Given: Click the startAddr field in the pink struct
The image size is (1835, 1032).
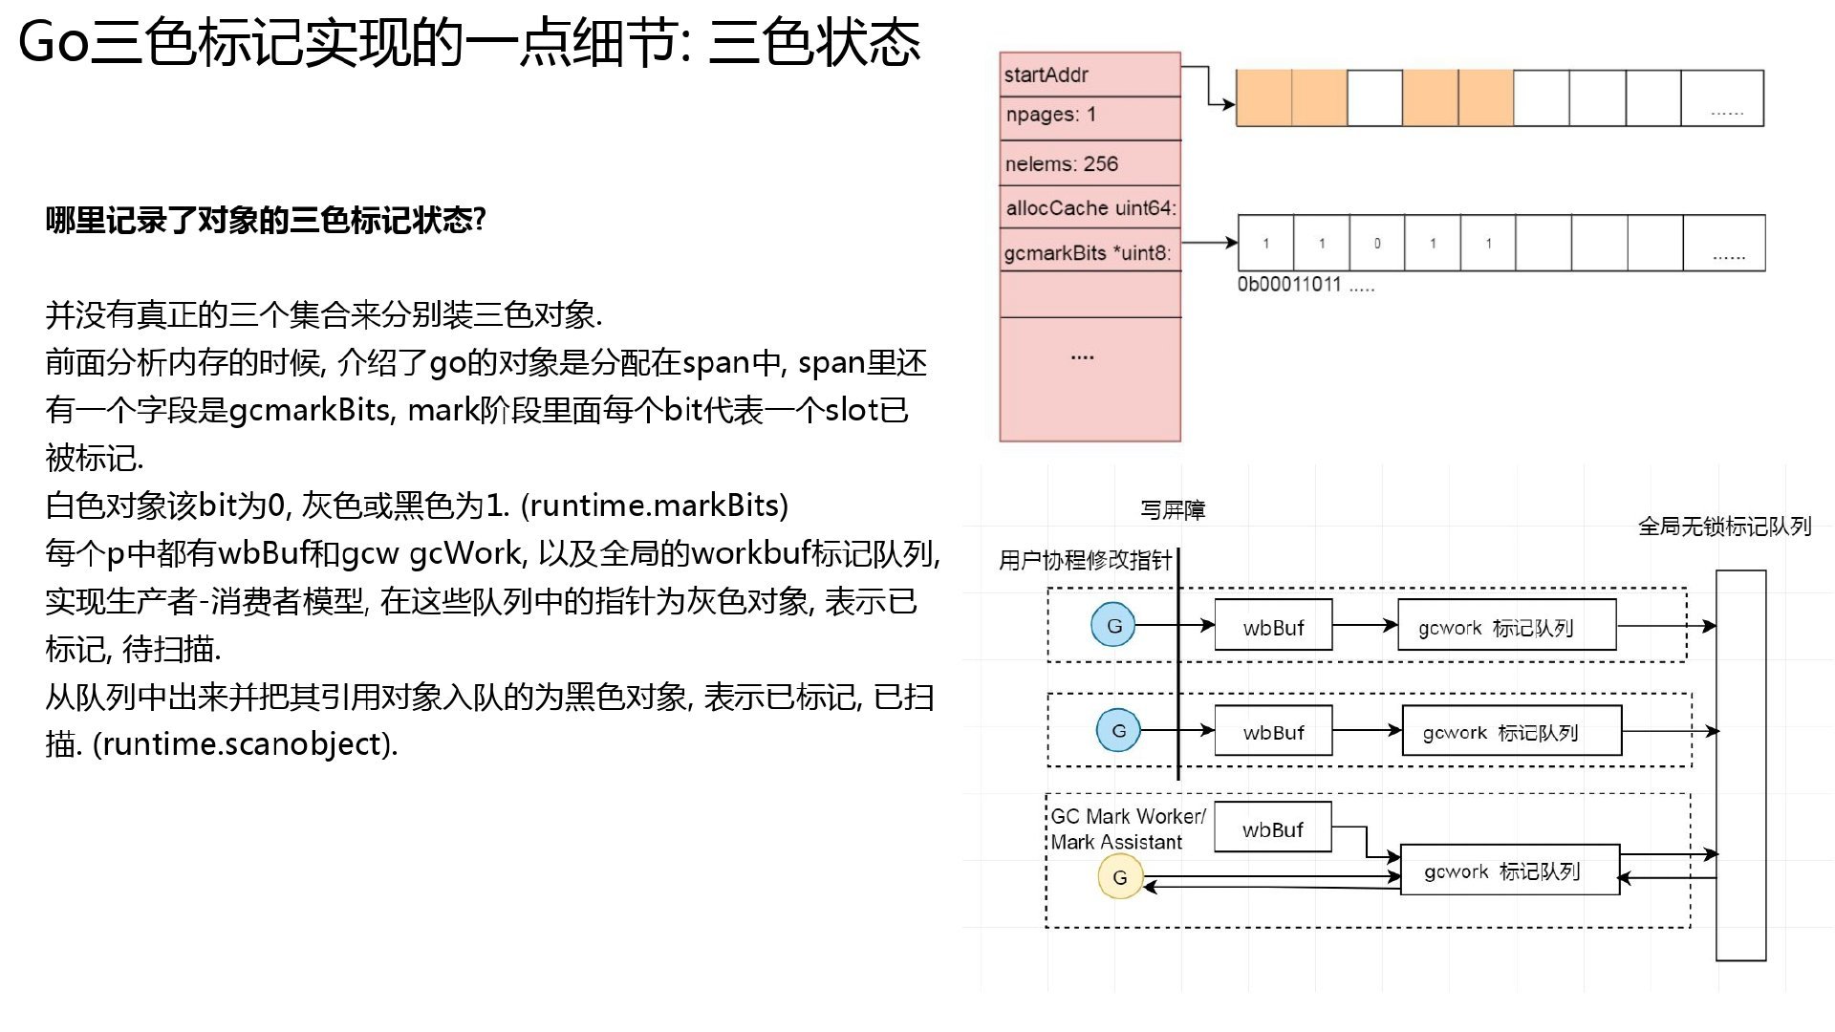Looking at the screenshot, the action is coord(1090,75).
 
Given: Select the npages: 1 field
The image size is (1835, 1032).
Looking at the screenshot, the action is coord(1090,118).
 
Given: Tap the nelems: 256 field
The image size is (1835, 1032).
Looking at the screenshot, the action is coord(1090,163).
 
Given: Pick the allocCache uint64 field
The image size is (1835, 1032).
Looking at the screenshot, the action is coord(1090,207).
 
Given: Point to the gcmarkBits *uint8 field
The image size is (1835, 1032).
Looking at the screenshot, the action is coord(1090,251).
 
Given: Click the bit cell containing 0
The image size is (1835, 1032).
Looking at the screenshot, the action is coord(1377,243).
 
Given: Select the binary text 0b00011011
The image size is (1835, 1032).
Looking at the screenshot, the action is coord(1289,285).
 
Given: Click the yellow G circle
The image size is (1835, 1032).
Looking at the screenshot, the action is coord(1120,877).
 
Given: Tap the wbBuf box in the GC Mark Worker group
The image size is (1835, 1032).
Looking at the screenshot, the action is coord(1273,828).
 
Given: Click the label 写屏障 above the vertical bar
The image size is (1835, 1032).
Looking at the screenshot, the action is coord(1173,510).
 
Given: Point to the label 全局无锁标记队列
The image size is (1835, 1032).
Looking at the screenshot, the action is coord(1725,527).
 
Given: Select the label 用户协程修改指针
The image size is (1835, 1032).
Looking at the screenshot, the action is coord(1086,560).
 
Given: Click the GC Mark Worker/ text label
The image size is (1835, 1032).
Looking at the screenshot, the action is coord(1128,816).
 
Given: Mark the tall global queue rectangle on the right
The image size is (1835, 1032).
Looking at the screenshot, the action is coord(1740,765).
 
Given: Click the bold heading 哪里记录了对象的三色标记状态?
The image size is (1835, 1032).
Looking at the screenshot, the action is coord(266,221).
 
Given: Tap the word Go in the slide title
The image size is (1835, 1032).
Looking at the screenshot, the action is coord(54,43).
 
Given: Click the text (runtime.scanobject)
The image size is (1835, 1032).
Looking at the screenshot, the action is coord(246,743).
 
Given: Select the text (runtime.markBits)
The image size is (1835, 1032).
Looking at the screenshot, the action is coord(655,505).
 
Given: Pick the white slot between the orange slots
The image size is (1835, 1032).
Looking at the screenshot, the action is coord(1375,97).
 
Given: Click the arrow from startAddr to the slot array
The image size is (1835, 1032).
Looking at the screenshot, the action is coord(1209,84).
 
